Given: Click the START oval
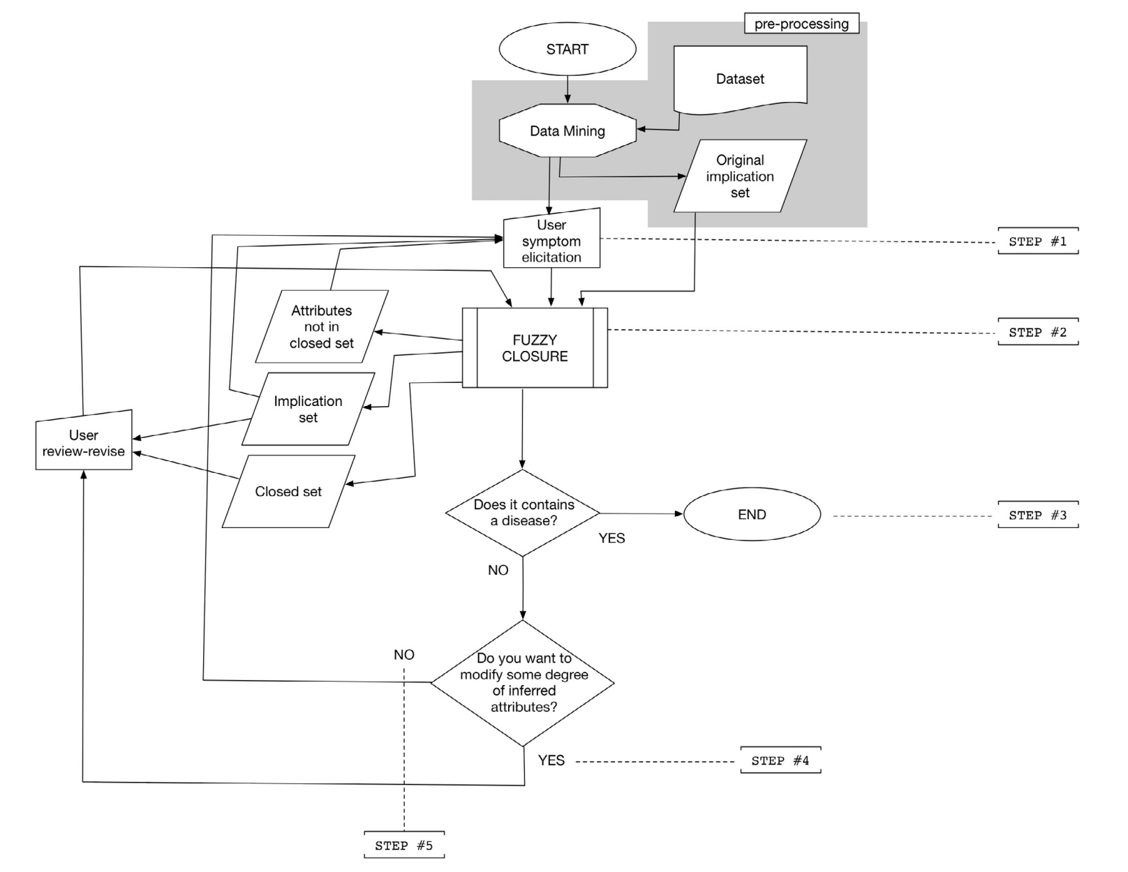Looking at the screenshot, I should [x=567, y=50].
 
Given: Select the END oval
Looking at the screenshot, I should [x=752, y=515].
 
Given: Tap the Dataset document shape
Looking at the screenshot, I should [x=740, y=79].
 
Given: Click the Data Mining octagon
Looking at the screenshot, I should [x=567, y=131].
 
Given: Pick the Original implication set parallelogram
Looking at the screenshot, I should [x=740, y=176].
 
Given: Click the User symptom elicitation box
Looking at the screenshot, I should [x=551, y=241].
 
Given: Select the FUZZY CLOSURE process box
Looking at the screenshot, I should [x=535, y=348].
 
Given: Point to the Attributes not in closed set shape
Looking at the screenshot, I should [x=321, y=326].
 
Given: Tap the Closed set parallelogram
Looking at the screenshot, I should [x=288, y=492].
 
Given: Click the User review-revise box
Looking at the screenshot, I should [x=84, y=443].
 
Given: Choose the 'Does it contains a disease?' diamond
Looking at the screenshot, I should [x=523, y=513].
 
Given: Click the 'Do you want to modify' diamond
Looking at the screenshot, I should [x=523, y=683].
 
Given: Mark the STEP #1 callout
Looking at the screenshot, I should [x=1037, y=241].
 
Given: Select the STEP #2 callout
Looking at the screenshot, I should [x=1037, y=333].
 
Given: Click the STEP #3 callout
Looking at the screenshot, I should [x=1037, y=516].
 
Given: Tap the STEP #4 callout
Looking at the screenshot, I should [x=780, y=761].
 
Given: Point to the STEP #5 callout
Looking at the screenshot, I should [x=403, y=846].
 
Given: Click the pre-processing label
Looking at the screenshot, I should [x=801, y=24].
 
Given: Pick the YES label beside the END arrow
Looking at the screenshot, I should [x=611, y=539].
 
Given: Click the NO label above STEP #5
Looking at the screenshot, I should [x=403, y=655].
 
